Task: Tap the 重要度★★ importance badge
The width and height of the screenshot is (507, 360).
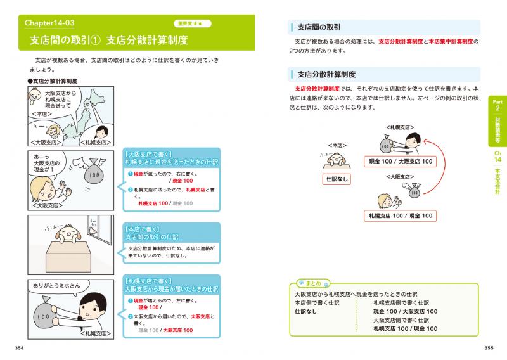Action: point(192,24)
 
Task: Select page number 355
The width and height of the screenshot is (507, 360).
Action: point(488,347)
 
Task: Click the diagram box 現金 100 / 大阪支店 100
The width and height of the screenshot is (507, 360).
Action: point(400,162)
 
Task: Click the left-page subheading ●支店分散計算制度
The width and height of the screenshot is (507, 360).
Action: point(56,82)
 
